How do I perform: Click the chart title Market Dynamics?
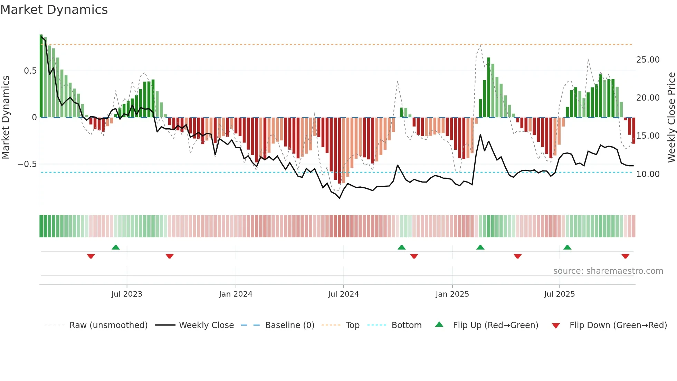(54, 10)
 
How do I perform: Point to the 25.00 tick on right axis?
(648, 60)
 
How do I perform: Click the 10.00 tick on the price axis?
(648, 174)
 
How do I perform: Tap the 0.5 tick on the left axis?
(30, 71)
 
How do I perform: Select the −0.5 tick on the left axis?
(27, 164)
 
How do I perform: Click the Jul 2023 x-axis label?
(127, 294)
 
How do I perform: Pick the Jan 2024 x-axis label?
(236, 294)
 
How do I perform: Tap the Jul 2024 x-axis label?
(343, 294)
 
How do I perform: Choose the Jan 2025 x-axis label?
(452, 294)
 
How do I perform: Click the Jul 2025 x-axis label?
(559, 294)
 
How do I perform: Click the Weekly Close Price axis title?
(671, 118)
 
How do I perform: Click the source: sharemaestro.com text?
(608, 271)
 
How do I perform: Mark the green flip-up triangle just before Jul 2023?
(116, 248)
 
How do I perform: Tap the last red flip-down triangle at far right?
(625, 256)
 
